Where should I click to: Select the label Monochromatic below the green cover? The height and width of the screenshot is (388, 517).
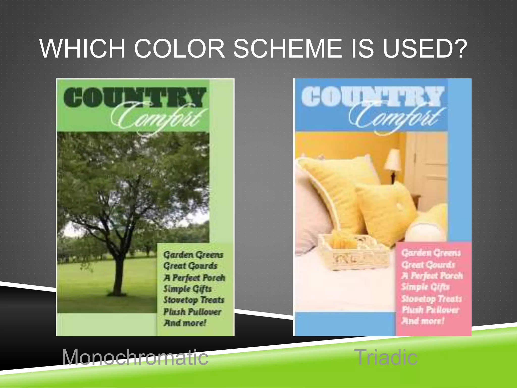pos(135,357)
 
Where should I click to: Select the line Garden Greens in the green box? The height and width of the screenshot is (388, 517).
pos(193,255)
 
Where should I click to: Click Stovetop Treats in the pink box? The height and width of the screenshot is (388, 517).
pos(431,299)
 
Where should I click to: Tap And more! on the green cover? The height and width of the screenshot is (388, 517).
pos(185,323)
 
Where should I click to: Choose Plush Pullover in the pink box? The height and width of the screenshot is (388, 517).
pos(430,310)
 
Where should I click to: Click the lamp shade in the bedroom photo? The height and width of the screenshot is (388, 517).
pos(393,159)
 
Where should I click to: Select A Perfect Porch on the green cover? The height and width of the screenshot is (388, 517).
pos(194,278)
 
